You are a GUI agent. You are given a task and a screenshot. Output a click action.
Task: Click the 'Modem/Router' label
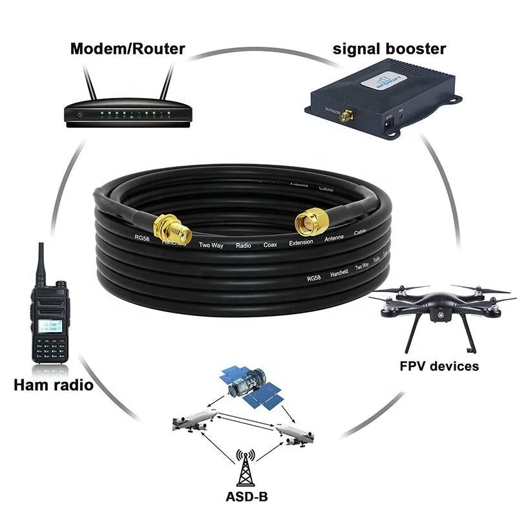click(127, 48)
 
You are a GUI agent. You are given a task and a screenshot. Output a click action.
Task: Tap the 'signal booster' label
click(390, 48)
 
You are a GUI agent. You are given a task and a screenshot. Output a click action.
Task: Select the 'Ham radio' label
click(53, 386)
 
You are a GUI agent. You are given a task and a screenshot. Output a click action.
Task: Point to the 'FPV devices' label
click(439, 366)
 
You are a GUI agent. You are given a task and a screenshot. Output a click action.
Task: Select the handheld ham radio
click(49, 317)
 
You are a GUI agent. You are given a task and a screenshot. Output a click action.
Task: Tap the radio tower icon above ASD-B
click(245, 468)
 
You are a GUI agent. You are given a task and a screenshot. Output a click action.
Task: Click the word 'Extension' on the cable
click(301, 242)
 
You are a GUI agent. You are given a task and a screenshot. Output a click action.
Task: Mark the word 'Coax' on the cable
click(270, 245)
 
